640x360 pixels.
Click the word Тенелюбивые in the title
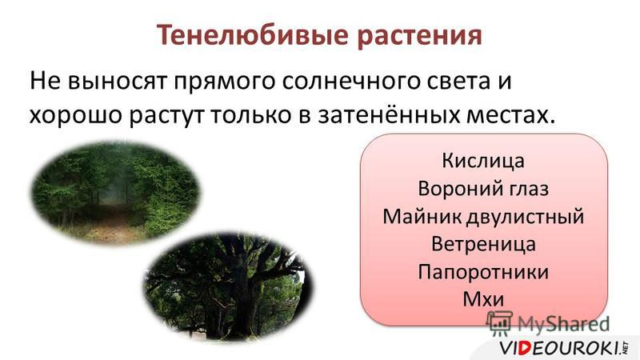tap(253, 34)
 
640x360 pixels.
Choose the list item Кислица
tap(483, 161)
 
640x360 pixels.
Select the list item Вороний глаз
tap(483, 189)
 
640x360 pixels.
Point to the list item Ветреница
tap(483, 244)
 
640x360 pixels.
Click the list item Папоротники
tap(483, 272)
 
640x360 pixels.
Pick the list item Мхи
tap(483, 299)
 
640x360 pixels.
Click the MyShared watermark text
tap(563, 324)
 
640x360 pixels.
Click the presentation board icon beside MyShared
tap(499, 323)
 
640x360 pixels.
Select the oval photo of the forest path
tap(115, 193)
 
